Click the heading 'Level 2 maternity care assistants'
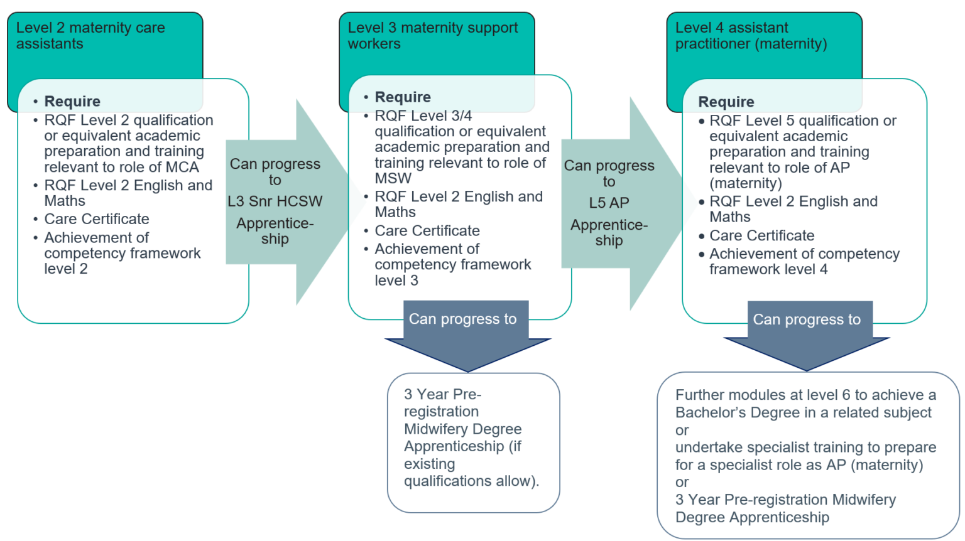(x=90, y=36)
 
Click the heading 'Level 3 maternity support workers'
(x=432, y=36)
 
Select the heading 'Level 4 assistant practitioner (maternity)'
(x=751, y=36)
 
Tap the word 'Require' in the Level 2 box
(x=72, y=102)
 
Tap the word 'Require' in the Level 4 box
(x=726, y=102)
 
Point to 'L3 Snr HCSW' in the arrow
(x=275, y=201)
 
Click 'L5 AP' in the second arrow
(x=609, y=203)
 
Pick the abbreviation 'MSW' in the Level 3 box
(x=393, y=179)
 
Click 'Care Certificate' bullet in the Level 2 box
(x=97, y=219)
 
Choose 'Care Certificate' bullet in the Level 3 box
(x=427, y=231)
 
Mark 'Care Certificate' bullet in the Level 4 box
(x=761, y=236)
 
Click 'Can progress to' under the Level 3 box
(x=462, y=319)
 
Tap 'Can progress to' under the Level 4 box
(x=807, y=320)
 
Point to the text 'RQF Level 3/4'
(x=423, y=116)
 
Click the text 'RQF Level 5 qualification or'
(x=802, y=121)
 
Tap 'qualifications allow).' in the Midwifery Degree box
(x=471, y=481)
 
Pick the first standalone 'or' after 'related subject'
(x=682, y=431)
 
